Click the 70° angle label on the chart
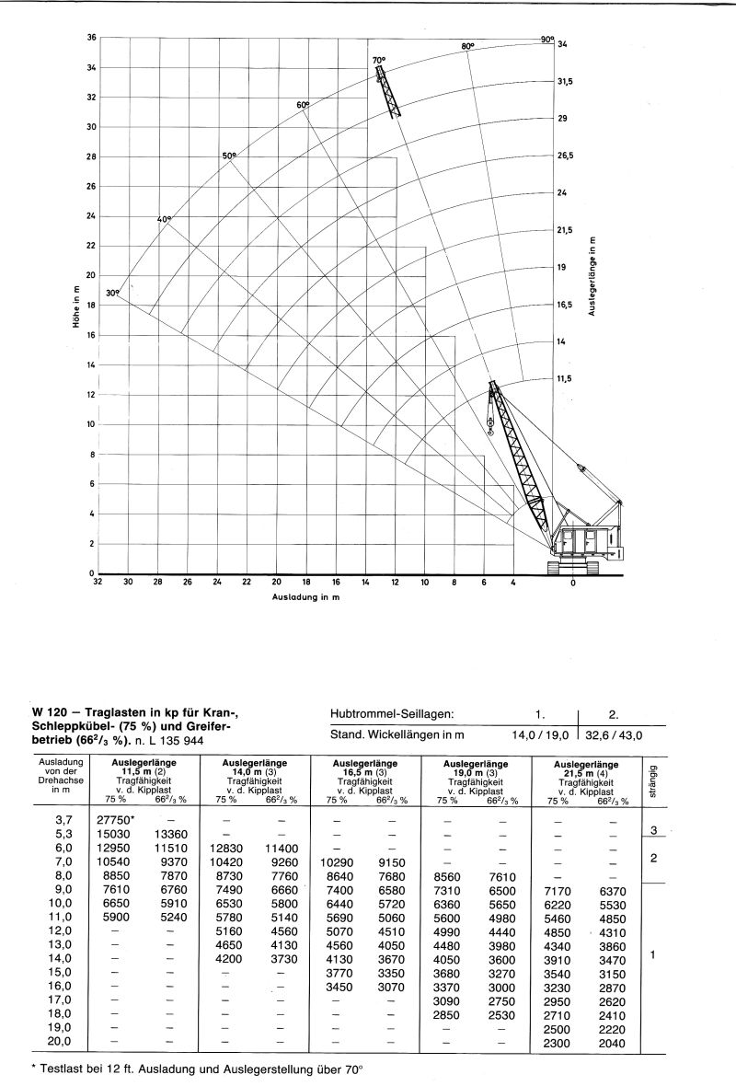coord(378,61)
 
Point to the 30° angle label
coord(112,293)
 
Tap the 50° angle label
coord(229,156)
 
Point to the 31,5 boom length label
coord(565,82)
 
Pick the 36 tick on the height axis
coord(91,38)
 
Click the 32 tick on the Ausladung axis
coord(98,583)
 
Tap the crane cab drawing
coord(583,543)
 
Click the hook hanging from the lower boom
coord(490,427)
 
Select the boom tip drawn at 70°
coord(379,72)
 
